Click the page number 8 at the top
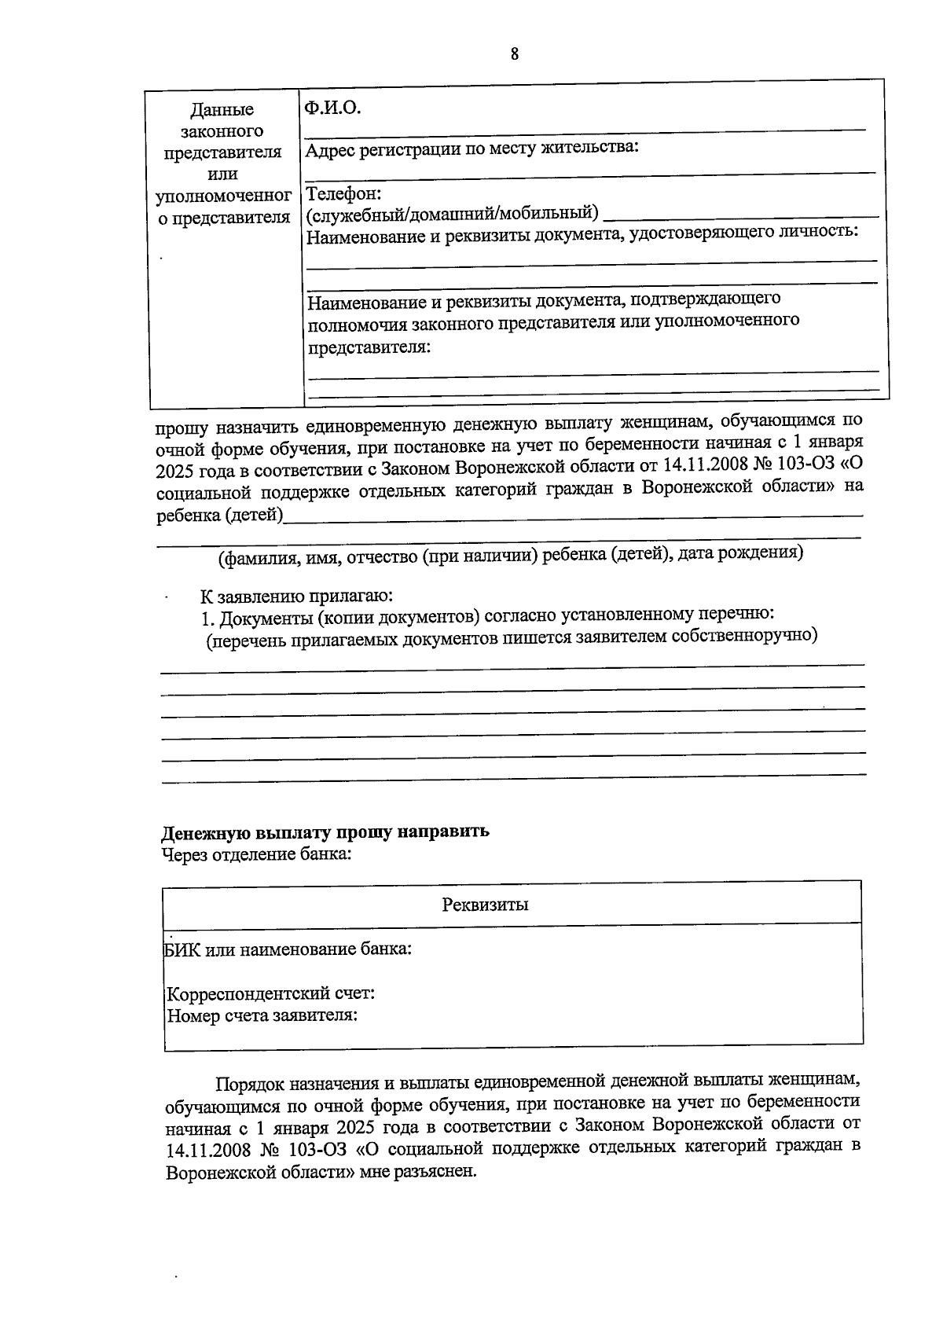click(x=514, y=54)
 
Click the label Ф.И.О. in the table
click(x=332, y=108)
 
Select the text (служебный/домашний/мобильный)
click(x=452, y=212)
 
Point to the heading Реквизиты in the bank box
click(x=485, y=905)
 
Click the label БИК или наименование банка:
click(x=288, y=949)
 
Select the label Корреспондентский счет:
click(x=271, y=993)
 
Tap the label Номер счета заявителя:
click(x=262, y=1015)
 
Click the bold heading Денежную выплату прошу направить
click(x=325, y=832)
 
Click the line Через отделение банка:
click(x=256, y=854)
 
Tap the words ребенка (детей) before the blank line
click(x=219, y=516)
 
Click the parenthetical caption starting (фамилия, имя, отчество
click(x=511, y=553)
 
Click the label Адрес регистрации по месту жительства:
click(x=472, y=149)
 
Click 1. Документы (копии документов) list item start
click(x=338, y=617)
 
